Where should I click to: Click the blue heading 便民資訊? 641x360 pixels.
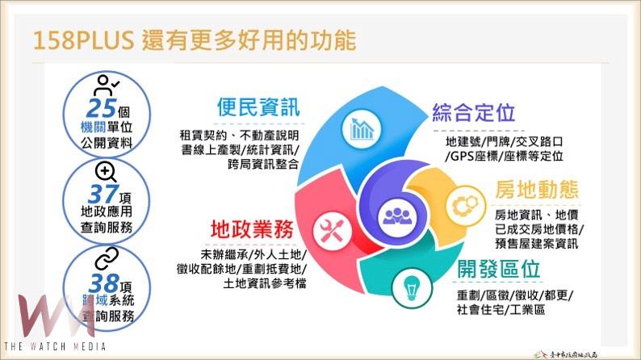[258, 107]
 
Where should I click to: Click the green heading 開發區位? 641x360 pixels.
[499, 268]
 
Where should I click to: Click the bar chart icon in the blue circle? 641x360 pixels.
[360, 128]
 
